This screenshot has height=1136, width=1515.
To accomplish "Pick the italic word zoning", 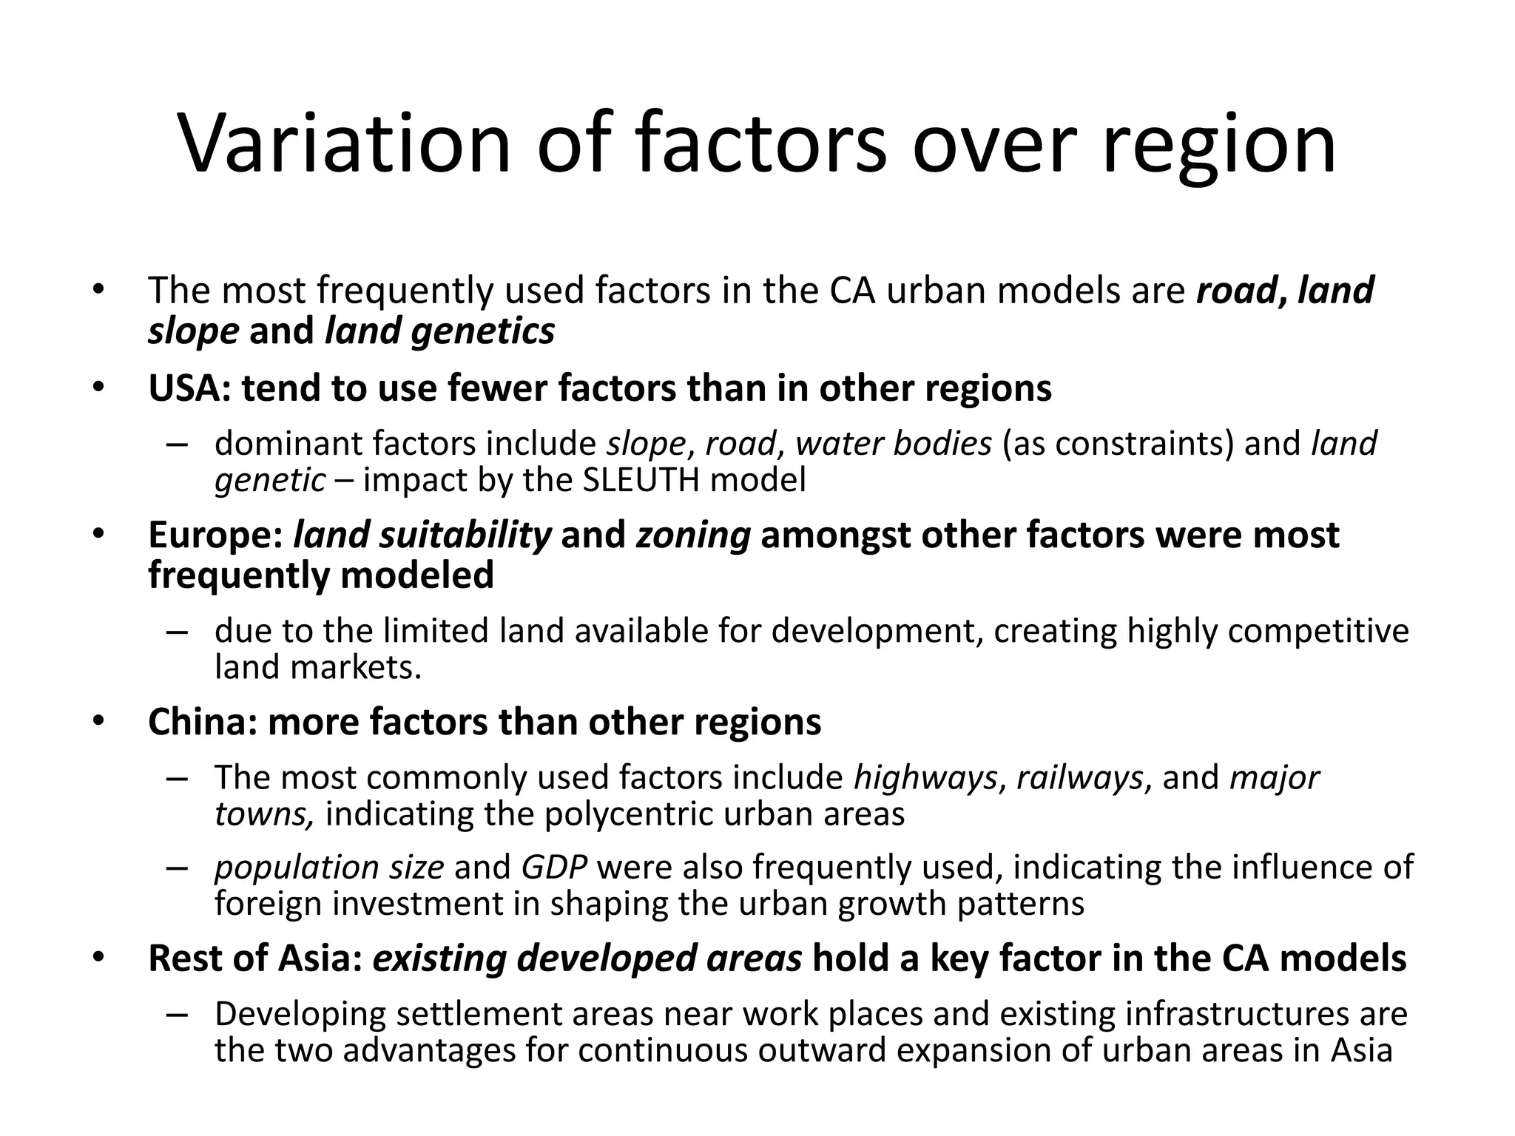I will pyautogui.click(x=693, y=535).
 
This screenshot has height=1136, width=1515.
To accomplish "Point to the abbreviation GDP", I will pyautogui.click(x=554, y=867).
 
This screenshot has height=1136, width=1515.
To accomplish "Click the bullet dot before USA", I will pyautogui.click(x=99, y=388).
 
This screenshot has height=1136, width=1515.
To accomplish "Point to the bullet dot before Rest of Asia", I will pyautogui.click(x=99, y=958).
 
